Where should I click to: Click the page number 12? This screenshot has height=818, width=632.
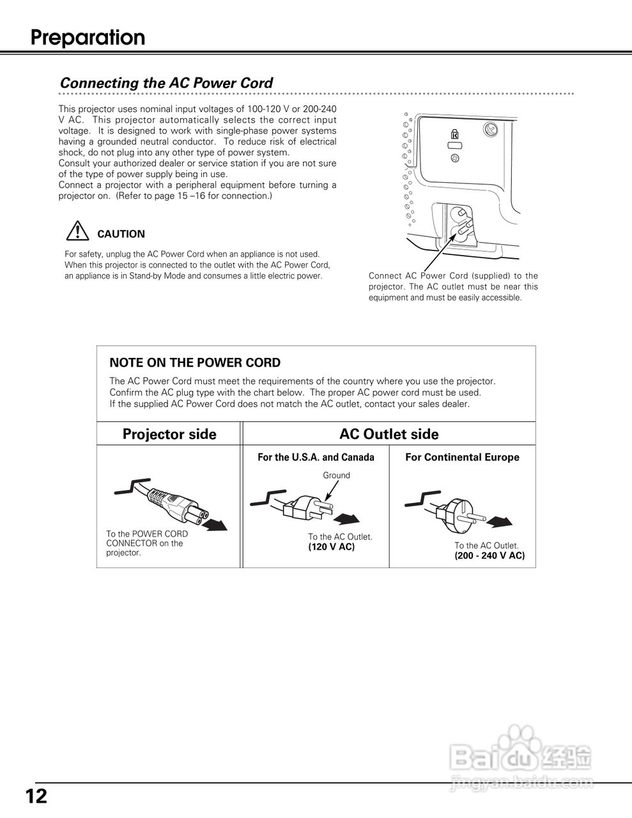pyautogui.click(x=36, y=796)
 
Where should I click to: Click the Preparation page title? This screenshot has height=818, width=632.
pyautogui.click(x=88, y=38)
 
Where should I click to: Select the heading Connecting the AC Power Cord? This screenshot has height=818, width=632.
pyautogui.click(x=166, y=83)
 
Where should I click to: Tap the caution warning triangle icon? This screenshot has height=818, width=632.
pyautogui.click(x=77, y=231)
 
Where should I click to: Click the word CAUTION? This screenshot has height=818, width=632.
pyautogui.click(x=121, y=234)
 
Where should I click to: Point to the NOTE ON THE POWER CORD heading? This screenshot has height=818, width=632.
pyautogui.click(x=195, y=363)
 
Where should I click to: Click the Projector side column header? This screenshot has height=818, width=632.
pyautogui.click(x=169, y=435)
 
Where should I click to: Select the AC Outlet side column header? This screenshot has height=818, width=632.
pyautogui.click(x=389, y=435)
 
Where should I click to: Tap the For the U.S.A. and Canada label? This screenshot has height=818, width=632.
pyautogui.click(x=316, y=458)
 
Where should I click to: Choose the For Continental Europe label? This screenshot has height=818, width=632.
pyautogui.click(x=462, y=458)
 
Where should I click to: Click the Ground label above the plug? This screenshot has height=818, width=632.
pyautogui.click(x=336, y=475)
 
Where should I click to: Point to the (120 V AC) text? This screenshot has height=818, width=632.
pyautogui.click(x=331, y=547)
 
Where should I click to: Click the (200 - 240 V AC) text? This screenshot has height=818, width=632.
pyautogui.click(x=489, y=556)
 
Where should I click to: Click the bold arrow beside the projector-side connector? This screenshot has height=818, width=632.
pyautogui.click(x=215, y=525)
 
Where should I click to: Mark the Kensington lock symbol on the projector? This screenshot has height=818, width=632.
pyautogui.click(x=454, y=135)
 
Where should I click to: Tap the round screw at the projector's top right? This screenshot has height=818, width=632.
pyautogui.click(x=490, y=130)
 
